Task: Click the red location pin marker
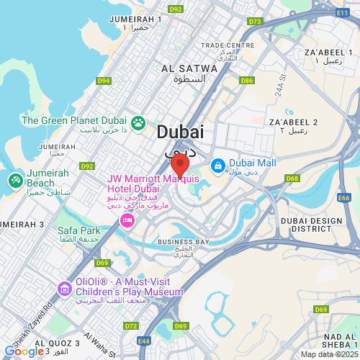179,163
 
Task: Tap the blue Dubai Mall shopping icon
217,166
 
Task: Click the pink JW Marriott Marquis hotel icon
127,218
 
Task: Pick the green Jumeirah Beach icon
14,179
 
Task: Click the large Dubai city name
179,132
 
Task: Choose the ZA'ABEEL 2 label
292,122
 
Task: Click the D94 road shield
104,81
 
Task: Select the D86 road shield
247,81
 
